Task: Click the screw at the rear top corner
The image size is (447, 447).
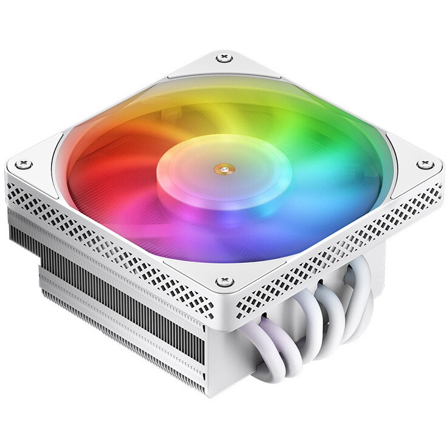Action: (224, 58)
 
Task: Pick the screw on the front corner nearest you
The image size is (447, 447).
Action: (223, 281)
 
